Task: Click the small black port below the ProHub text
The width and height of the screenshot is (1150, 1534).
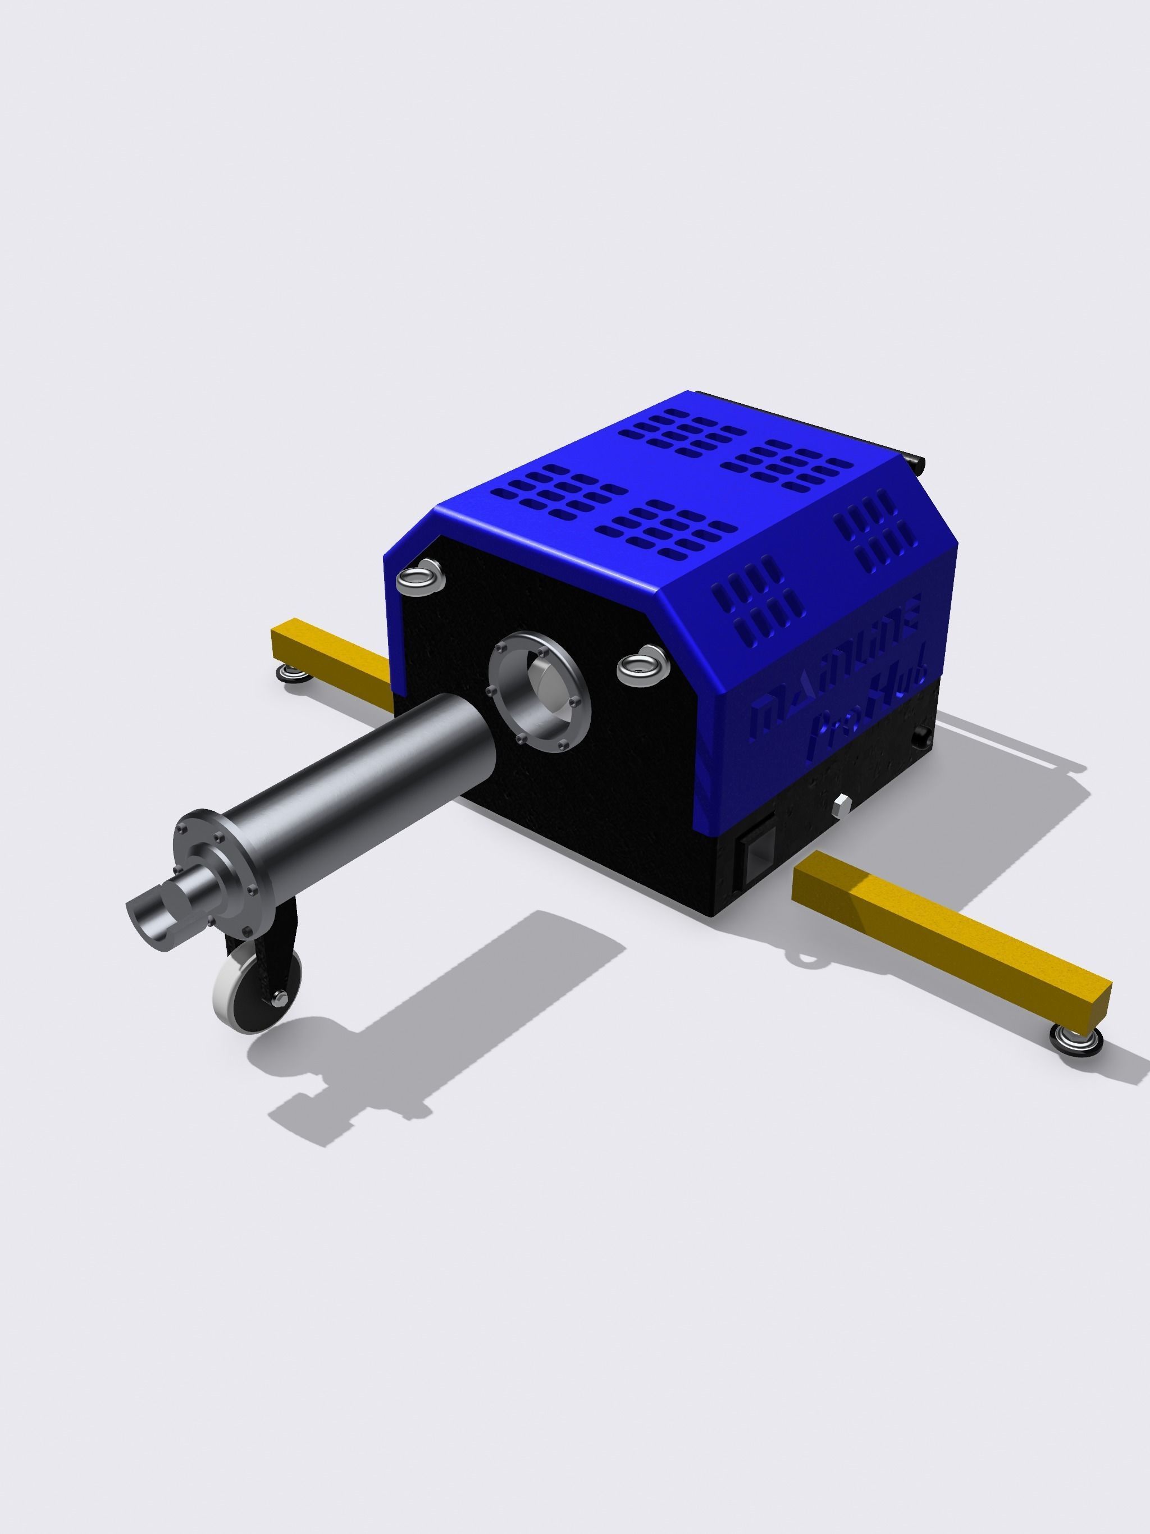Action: tap(923, 737)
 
